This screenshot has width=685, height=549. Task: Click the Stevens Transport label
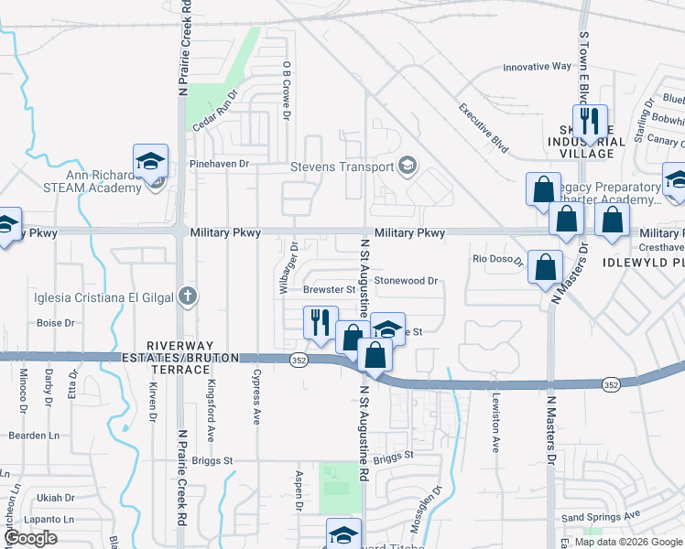point(341,167)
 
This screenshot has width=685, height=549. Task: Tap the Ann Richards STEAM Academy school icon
point(150,162)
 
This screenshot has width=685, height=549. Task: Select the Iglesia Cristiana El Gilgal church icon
point(187,296)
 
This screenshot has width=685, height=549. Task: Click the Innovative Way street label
point(538,67)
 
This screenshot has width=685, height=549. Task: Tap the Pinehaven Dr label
point(219,164)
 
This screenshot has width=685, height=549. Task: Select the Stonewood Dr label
point(407,281)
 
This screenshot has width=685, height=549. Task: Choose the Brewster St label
point(329,289)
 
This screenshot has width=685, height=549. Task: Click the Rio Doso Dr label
point(497,260)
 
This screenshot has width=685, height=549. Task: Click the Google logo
point(30,539)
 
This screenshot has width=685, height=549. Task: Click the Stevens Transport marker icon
point(408,167)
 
